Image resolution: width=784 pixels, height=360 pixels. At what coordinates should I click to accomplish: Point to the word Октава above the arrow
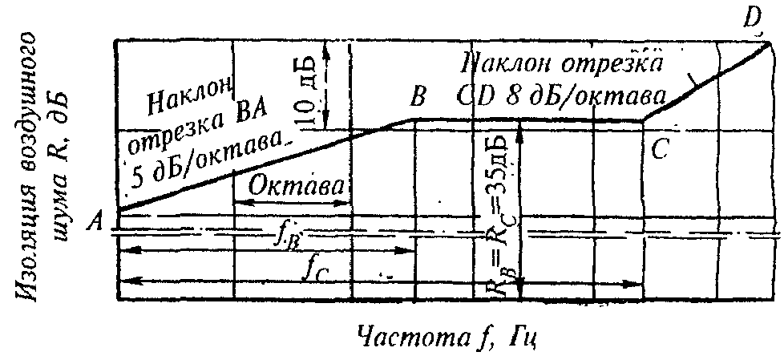[297, 186]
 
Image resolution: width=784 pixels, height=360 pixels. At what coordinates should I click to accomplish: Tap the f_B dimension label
[286, 234]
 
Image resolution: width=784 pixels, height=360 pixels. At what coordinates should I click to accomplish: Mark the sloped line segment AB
[265, 165]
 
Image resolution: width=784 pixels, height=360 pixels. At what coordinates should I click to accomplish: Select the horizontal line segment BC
[529, 121]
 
